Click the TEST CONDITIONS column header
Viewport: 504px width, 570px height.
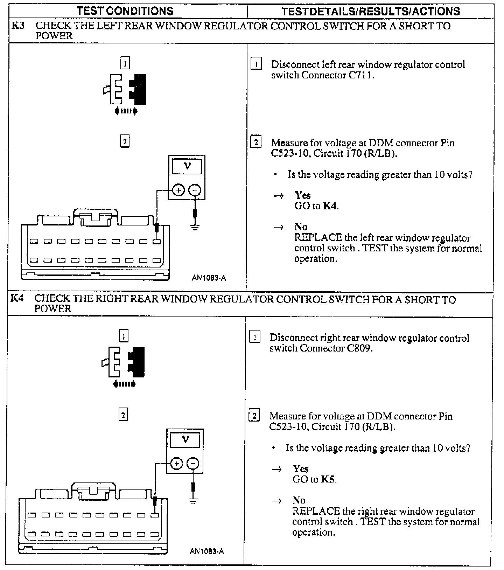point(125,11)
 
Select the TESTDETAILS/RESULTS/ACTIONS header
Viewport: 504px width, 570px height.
point(370,11)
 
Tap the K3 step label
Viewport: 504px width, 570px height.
point(18,26)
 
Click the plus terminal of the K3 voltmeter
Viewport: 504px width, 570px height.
point(178,190)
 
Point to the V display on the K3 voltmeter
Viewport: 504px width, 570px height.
point(187,166)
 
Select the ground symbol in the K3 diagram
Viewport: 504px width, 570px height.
point(195,227)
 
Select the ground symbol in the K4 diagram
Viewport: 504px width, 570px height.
point(193,501)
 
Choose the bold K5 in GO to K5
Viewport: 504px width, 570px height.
point(328,479)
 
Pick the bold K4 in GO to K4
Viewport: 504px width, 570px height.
point(330,206)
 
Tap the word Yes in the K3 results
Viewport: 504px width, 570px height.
point(302,195)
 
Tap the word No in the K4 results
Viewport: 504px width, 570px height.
point(299,500)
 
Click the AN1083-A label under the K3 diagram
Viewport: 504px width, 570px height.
point(209,278)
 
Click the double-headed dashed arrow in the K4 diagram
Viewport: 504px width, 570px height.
point(124,384)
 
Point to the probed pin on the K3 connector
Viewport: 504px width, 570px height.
point(157,241)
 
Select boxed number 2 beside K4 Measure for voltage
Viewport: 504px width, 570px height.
point(254,416)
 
